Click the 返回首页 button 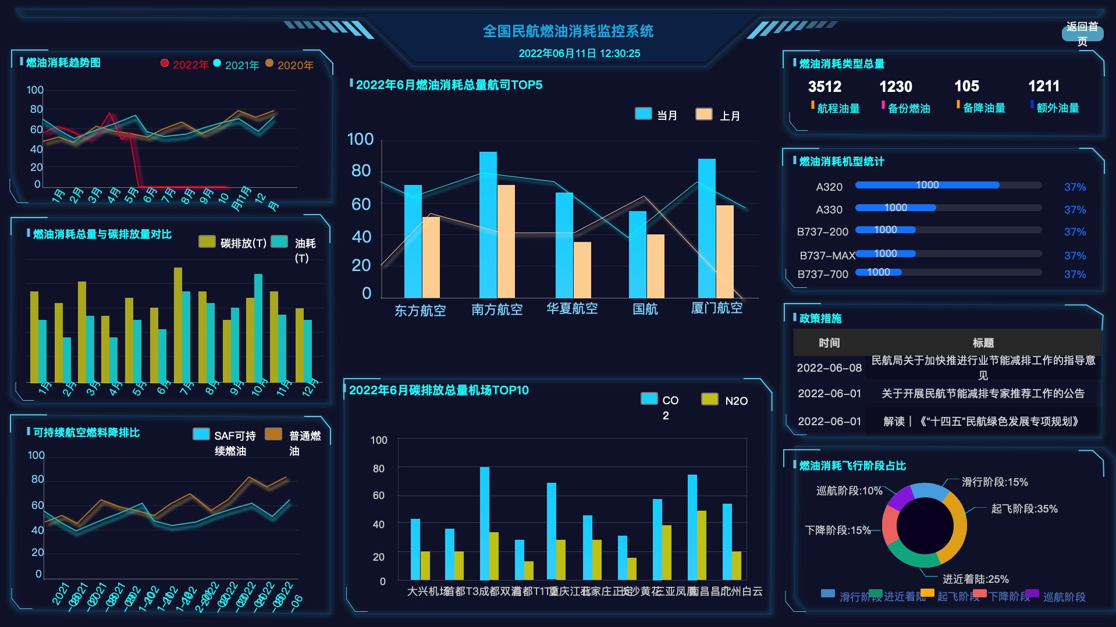(1082, 34)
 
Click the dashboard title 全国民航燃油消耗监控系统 (568, 31)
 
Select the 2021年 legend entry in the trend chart (236, 65)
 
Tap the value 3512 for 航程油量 (824, 87)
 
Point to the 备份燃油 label (908, 108)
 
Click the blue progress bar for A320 (927, 185)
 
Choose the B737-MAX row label (827, 255)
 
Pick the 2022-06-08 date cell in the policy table (829, 368)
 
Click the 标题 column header (983, 343)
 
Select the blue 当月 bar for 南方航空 (488, 224)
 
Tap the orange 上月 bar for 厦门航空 (724, 251)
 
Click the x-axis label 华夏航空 (571, 308)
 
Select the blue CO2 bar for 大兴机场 (415, 548)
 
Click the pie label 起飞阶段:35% (1024, 509)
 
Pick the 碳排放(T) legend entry (233, 243)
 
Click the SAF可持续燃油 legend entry (225, 442)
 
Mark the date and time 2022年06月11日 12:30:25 (579, 54)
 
